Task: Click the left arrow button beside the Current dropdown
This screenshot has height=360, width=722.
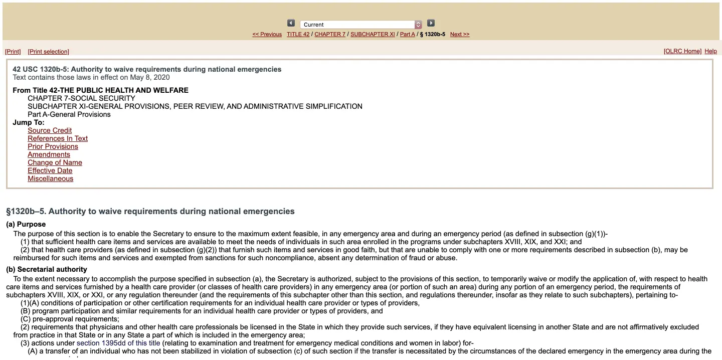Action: [x=291, y=23]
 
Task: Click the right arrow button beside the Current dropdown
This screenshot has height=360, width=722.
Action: [x=431, y=23]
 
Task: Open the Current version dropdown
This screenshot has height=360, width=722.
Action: [x=361, y=25]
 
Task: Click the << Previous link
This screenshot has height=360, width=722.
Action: [x=267, y=34]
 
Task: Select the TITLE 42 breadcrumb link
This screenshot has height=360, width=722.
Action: [x=298, y=34]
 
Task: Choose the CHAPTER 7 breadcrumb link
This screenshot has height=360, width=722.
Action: [x=330, y=34]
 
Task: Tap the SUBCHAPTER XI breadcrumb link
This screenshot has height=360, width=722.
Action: [x=373, y=34]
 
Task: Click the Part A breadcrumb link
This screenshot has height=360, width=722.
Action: [x=407, y=34]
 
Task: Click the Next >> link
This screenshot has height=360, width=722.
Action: [x=460, y=34]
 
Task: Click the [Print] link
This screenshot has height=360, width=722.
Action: [x=13, y=52]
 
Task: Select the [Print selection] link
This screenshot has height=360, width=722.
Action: [x=49, y=52]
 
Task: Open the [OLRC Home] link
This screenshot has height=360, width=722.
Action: [x=682, y=51]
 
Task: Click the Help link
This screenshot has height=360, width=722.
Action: [x=710, y=51]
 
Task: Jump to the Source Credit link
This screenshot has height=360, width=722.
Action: [x=50, y=130]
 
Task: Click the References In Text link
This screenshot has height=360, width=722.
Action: [x=58, y=138]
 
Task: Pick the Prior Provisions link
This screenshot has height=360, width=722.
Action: [x=53, y=146]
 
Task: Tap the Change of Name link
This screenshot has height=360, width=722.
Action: [x=55, y=162]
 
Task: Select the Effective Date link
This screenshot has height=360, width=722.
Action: [x=50, y=170]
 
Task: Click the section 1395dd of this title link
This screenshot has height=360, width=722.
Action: [x=118, y=343]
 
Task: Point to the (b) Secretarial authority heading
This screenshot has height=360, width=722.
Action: [x=47, y=269]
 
